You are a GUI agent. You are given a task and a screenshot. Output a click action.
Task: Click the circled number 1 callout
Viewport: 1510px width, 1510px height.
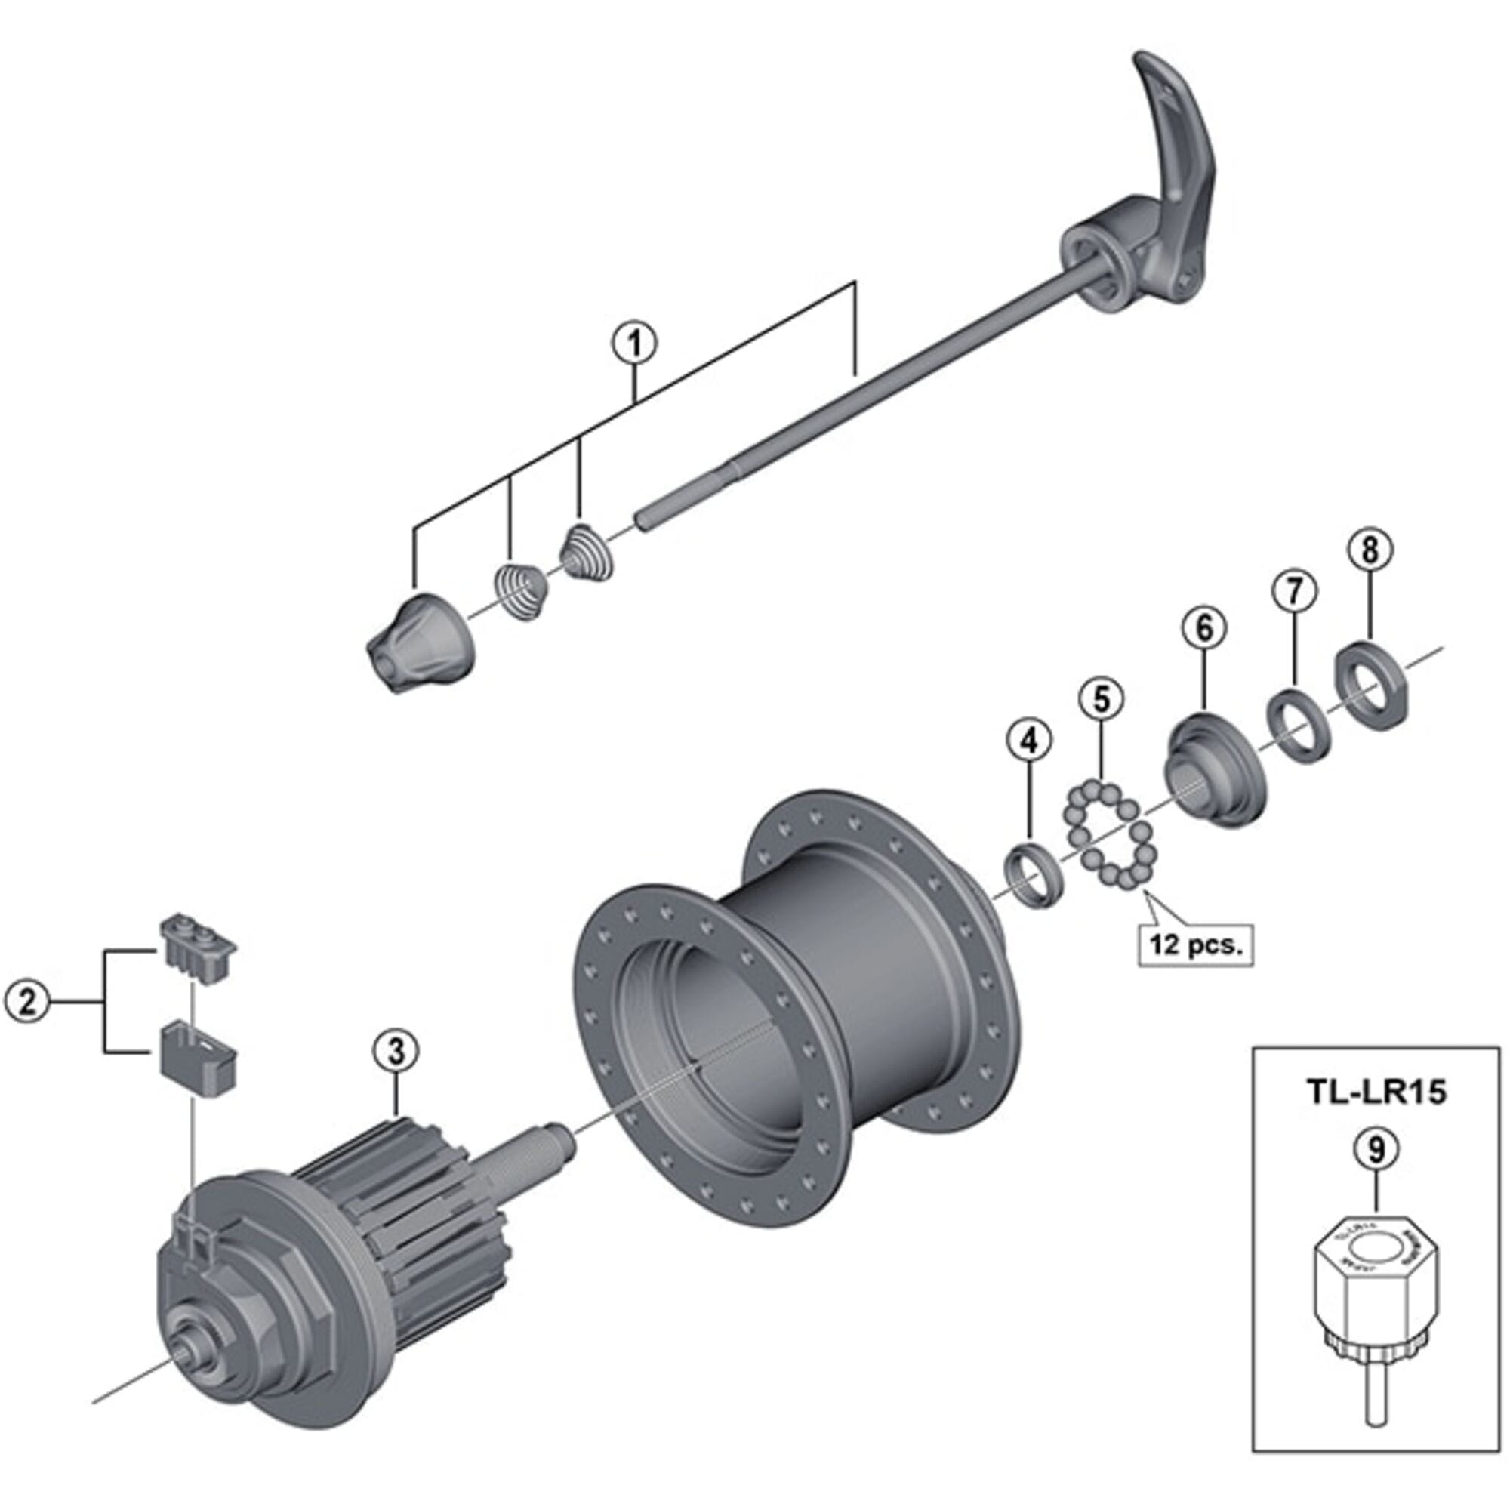(634, 344)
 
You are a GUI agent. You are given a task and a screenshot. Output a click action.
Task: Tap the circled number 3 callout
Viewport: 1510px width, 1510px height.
(396, 1052)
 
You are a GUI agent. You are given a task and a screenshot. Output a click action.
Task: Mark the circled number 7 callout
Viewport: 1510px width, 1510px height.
(1293, 590)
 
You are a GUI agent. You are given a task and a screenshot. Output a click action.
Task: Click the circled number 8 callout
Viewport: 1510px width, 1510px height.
(1370, 550)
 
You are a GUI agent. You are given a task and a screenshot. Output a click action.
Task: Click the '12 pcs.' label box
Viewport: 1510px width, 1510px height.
(1196, 945)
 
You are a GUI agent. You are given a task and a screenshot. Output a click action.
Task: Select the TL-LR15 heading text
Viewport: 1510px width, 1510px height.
(1376, 1092)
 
